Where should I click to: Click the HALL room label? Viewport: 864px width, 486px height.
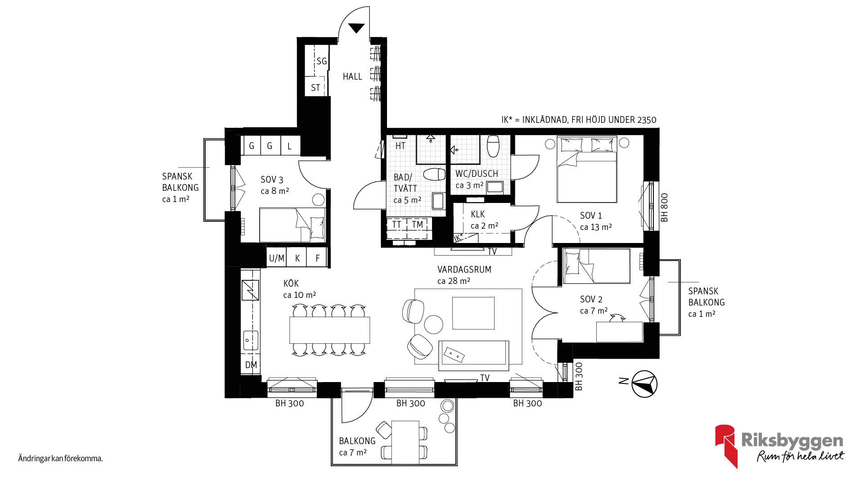point(352,76)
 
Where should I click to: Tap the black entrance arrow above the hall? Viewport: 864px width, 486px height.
point(356,28)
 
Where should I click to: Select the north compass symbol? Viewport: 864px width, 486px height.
point(644,384)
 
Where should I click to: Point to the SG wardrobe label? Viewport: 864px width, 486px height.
point(321,61)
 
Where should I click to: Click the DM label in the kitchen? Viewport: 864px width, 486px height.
point(251,365)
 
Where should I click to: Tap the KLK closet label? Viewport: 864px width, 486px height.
point(478,214)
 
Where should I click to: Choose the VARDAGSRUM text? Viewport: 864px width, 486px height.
point(464,270)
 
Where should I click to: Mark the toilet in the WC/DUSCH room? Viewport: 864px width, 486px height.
point(493,146)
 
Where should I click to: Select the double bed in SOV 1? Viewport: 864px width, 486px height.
point(587,170)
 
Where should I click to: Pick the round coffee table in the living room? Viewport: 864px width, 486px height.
point(434,324)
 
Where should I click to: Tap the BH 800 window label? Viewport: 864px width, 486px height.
point(665,207)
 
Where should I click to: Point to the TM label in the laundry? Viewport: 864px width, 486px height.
point(418,225)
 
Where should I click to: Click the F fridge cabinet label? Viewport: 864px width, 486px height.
point(318,258)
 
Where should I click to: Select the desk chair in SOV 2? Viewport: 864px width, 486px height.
point(617,318)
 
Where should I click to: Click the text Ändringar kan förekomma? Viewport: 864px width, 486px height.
point(61,459)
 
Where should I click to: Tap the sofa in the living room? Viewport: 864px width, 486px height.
point(473,352)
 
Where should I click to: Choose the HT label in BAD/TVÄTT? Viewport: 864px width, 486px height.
point(400,146)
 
